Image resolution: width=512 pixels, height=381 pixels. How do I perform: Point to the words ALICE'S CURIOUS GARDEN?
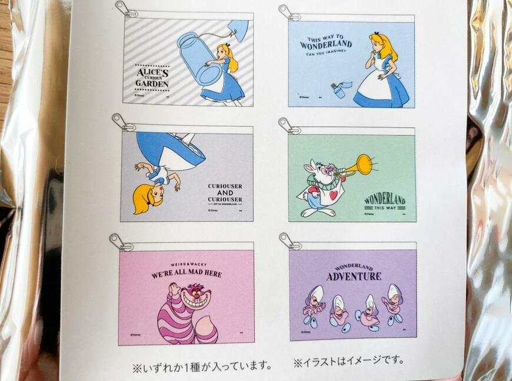point(152,76)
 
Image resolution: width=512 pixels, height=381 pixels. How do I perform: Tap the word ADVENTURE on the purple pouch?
point(354,276)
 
